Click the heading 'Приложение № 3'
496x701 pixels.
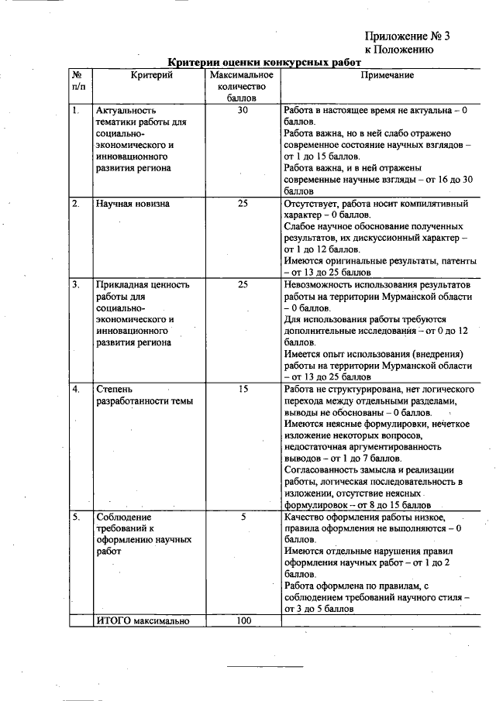pos(407,36)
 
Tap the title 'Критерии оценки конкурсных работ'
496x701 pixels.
pos(265,62)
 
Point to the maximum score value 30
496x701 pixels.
pos(243,111)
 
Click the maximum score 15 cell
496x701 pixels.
pos(243,389)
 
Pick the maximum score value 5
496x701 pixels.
pos(243,516)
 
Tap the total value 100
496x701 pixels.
pos(243,620)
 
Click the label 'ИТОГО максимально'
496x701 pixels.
pos(140,620)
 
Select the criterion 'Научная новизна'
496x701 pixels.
pos(133,204)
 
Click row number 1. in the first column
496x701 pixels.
pos(76,111)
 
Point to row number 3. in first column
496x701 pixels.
pos(76,284)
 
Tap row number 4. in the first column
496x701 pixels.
pos(76,389)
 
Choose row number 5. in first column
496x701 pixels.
pos(76,516)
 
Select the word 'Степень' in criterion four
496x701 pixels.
pos(114,389)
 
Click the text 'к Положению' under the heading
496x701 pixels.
pos(398,50)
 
